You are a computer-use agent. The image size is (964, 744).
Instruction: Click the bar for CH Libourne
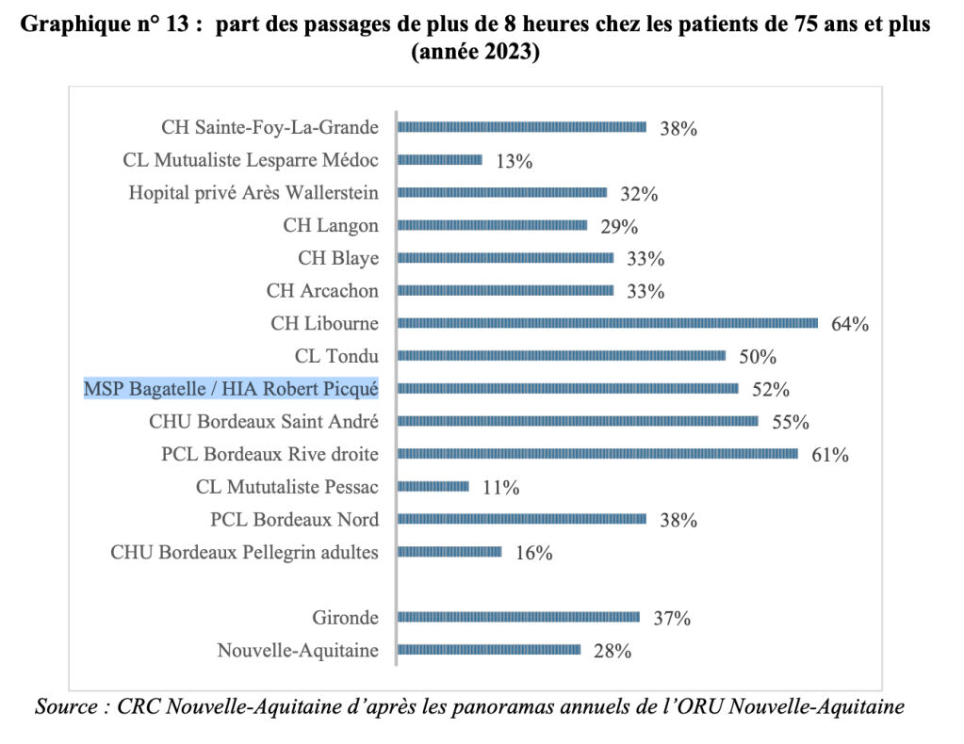click(x=608, y=323)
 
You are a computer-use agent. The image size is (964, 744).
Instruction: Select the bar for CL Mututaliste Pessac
click(x=433, y=486)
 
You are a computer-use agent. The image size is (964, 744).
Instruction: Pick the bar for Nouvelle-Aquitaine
click(x=489, y=650)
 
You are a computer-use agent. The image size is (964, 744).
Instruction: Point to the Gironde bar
click(x=519, y=618)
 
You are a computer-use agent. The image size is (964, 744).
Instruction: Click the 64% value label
click(x=849, y=325)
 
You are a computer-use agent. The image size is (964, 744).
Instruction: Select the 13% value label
click(x=514, y=161)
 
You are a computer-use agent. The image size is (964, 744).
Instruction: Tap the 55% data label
click(x=791, y=423)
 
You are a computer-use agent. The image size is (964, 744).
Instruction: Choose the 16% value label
click(x=533, y=553)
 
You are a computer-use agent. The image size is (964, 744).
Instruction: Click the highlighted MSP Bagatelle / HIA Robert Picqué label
click(x=231, y=388)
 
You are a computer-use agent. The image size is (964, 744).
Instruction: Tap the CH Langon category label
click(x=331, y=225)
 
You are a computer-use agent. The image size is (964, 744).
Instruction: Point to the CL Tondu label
click(x=336, y=356)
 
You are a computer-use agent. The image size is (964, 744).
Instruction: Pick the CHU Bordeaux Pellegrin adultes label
click(x=245, y=552)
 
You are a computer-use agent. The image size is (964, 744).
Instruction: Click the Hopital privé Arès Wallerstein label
click(x=253, y=193)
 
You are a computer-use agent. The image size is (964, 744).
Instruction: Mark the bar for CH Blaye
click(x=506, y=258)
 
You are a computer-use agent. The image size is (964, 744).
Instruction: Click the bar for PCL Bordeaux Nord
click(x=522, y=519)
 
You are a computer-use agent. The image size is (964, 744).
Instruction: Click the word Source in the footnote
click(x=67, y=706)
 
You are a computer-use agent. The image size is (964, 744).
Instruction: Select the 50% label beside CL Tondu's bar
click(x=757, y=358)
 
